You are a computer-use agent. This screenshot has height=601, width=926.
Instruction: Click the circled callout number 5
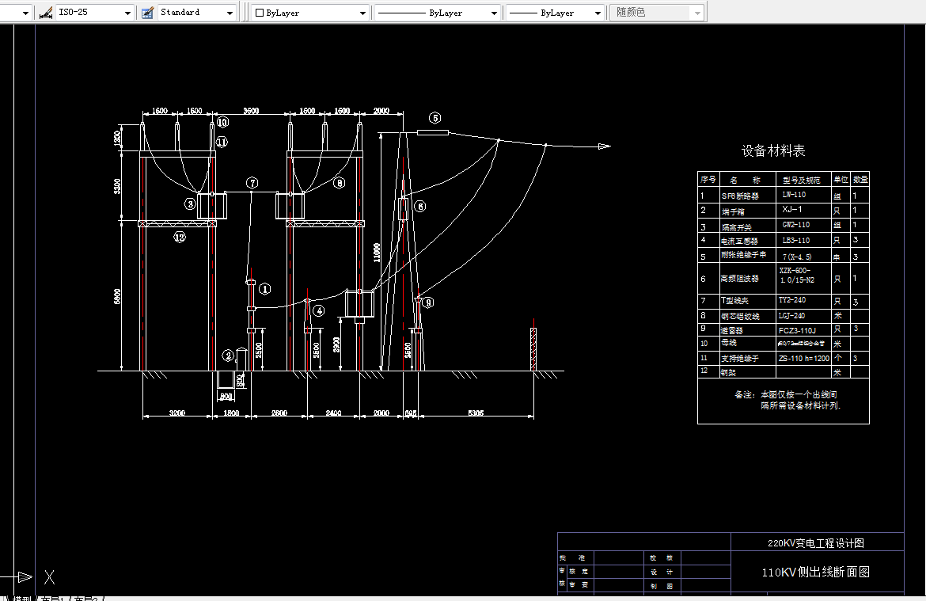435,118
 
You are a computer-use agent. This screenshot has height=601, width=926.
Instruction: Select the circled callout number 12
180,237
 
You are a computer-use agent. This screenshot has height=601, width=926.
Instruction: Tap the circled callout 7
252,183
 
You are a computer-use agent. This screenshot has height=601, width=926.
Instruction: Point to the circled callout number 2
228,356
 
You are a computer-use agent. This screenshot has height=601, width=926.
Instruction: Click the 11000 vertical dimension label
378,252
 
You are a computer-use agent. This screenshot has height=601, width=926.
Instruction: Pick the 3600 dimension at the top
251,112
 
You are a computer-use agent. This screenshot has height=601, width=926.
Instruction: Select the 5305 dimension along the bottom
476,413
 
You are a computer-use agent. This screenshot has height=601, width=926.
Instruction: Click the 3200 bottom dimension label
177,413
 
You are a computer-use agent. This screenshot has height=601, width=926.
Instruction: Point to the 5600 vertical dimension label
117,298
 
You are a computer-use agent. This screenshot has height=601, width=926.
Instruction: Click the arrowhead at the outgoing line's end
605,146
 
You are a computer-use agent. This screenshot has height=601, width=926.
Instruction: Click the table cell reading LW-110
794,194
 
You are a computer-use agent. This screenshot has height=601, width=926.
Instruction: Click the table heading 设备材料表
773,150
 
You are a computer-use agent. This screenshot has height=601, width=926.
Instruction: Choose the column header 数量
860,179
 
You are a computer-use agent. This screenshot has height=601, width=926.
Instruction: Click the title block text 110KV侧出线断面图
815,572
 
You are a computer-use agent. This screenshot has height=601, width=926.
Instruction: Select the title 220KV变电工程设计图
815,543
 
